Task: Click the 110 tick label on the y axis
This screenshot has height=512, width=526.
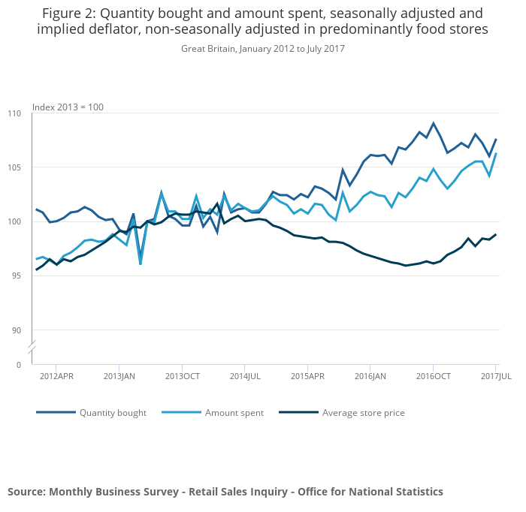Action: (x=14, y=113)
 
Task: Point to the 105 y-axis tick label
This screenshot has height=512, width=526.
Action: (x=14, y=167)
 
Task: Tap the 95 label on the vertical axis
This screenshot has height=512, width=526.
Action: (x=17, y=276)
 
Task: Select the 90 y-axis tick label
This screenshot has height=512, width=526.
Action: (x=17, y=331)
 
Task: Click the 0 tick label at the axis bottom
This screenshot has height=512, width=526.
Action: (x=19, y=365)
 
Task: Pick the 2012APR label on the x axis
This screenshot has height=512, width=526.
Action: (x=56, y=375)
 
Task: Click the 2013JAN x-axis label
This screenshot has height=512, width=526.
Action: (x=119, y=375)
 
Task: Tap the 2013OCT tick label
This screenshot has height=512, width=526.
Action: (x=182, y=375)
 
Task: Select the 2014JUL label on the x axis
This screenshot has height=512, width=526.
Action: (x=245, y=375)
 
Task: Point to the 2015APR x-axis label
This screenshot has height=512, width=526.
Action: (x=307, y=375)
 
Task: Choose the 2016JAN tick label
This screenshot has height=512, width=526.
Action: (x=370, y=375)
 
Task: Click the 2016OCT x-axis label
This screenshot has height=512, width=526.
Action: (x=433, y=375)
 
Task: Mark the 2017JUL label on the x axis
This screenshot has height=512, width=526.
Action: (x=496, y=375)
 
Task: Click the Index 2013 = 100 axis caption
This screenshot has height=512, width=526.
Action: (x=68, y=107)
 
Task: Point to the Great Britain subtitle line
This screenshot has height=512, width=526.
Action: (x=262, y=49)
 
